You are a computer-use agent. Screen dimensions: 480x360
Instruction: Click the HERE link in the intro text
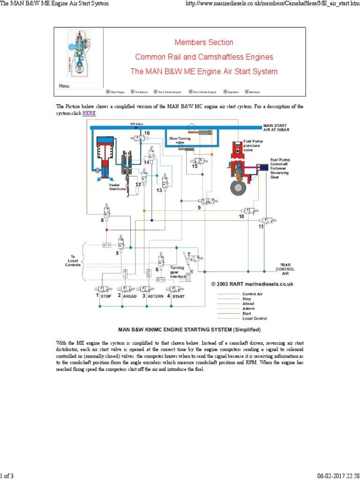point(89,113)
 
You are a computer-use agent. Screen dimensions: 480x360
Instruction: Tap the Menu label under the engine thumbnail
point(64,86)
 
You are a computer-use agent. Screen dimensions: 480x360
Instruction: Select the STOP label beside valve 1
point(106,296)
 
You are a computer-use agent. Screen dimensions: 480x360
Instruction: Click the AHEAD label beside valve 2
point(130,296)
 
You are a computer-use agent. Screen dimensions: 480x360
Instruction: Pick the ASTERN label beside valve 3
point(156,296)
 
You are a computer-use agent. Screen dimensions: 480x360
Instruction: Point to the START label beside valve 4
point(178,296)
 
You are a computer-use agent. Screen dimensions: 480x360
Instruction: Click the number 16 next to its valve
point(147,133)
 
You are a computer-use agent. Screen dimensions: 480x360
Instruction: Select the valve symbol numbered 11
point(269,220)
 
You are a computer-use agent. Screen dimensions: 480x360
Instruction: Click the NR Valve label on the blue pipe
point(136,124)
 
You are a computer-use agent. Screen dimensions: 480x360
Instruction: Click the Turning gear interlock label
point(178,272)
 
